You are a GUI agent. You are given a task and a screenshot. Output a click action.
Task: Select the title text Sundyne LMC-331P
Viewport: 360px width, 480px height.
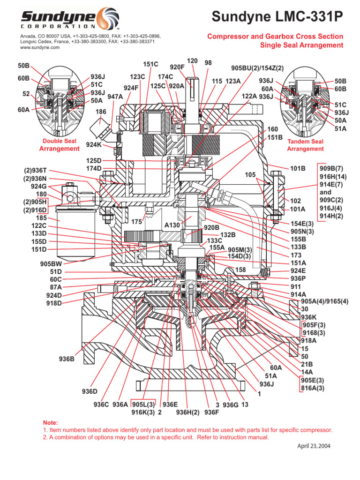tap(277, 17)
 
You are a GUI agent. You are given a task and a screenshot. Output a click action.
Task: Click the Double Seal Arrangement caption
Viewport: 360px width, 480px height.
tap(60, 145)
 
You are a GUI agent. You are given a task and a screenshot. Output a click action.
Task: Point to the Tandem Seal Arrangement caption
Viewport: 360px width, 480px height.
tap(305, 145)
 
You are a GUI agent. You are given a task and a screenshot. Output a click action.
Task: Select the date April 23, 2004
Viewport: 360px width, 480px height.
tap(314, 446)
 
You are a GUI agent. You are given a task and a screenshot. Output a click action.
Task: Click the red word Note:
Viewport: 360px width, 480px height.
tap(51, 422)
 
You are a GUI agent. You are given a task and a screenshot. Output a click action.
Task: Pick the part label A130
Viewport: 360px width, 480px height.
tap(172, 225)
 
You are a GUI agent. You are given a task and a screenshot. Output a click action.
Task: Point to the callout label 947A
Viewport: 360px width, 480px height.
tap(115, 97)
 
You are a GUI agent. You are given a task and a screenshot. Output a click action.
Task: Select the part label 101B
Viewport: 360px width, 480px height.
tap(298, 168)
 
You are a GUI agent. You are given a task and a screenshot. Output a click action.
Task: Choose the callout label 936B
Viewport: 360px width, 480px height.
tap(67, 359)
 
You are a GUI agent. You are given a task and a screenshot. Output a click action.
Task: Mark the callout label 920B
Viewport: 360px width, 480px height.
tap(211, 227)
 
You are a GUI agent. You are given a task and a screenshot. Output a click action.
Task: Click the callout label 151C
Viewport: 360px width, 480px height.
tap(150, 64)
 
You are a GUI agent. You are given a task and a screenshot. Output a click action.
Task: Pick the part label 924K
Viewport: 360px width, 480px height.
tap(94, 145)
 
